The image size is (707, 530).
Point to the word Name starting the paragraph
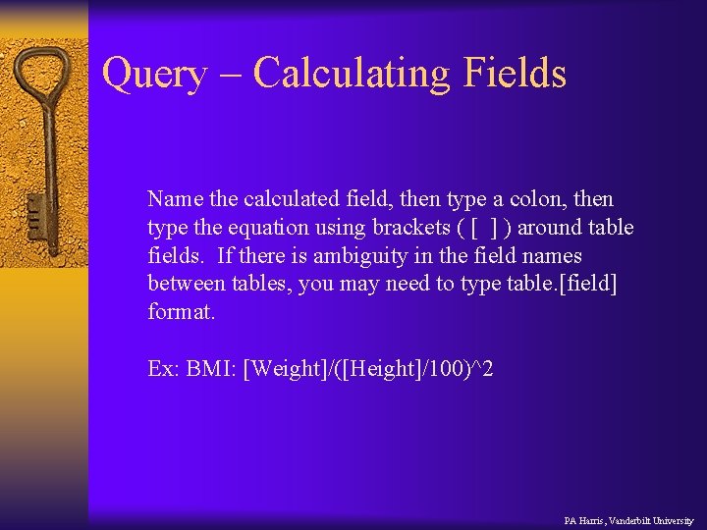(175, 199)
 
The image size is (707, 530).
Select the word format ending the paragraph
(180, 312)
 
